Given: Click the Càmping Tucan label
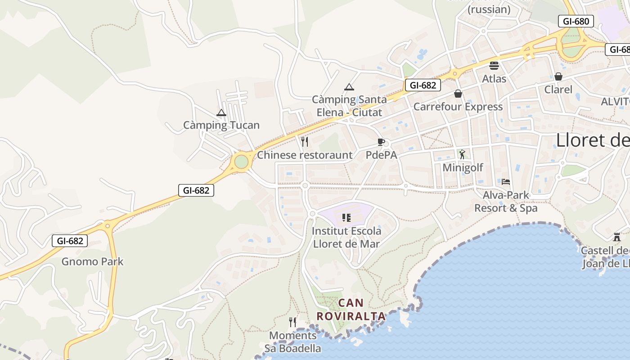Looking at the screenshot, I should click(x=221, y=125).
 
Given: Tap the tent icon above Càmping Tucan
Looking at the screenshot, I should click(x=221, y=112).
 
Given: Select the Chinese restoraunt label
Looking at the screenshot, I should click(x=305, y=155).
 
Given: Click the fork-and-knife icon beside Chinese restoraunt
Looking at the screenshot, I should click(x=305, y=142).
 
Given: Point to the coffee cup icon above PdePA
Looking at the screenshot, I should click(x=381, y=143).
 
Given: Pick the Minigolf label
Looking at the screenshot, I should click(x=463, y=168).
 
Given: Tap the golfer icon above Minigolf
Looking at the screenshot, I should click(x=462, y=154).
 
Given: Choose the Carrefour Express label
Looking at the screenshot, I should click(x=458, y=107).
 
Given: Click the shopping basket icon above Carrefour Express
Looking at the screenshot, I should click(x=458, y=94).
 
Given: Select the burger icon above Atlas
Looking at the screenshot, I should click(x=494, y=66).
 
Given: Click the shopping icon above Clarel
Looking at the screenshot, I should click(x=558, y=76).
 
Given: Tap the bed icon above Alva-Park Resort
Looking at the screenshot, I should click(x=506, y=182).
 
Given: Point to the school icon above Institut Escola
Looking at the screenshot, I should click(x=346, y=218).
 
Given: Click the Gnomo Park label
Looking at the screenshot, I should click(x=92, y=261).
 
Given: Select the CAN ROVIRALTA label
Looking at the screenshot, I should click(x=351, y=310).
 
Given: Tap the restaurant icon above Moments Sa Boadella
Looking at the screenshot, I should click(x=292, y=322).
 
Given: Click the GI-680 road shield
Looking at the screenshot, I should click(x=576, y=21).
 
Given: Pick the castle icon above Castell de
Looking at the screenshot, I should click(x=616, y=237).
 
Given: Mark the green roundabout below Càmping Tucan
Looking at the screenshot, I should click(x=241, y=162).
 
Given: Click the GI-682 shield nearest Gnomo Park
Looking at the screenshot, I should click(x=70, y=241).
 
